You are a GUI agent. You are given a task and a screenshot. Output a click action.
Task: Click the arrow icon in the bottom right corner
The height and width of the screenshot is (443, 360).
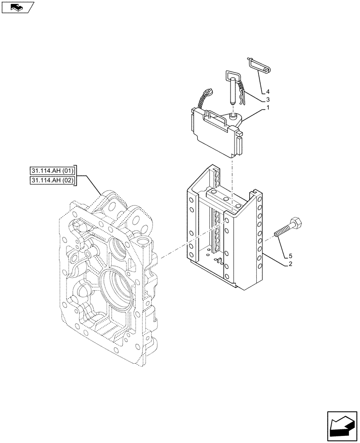coord(342,425)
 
